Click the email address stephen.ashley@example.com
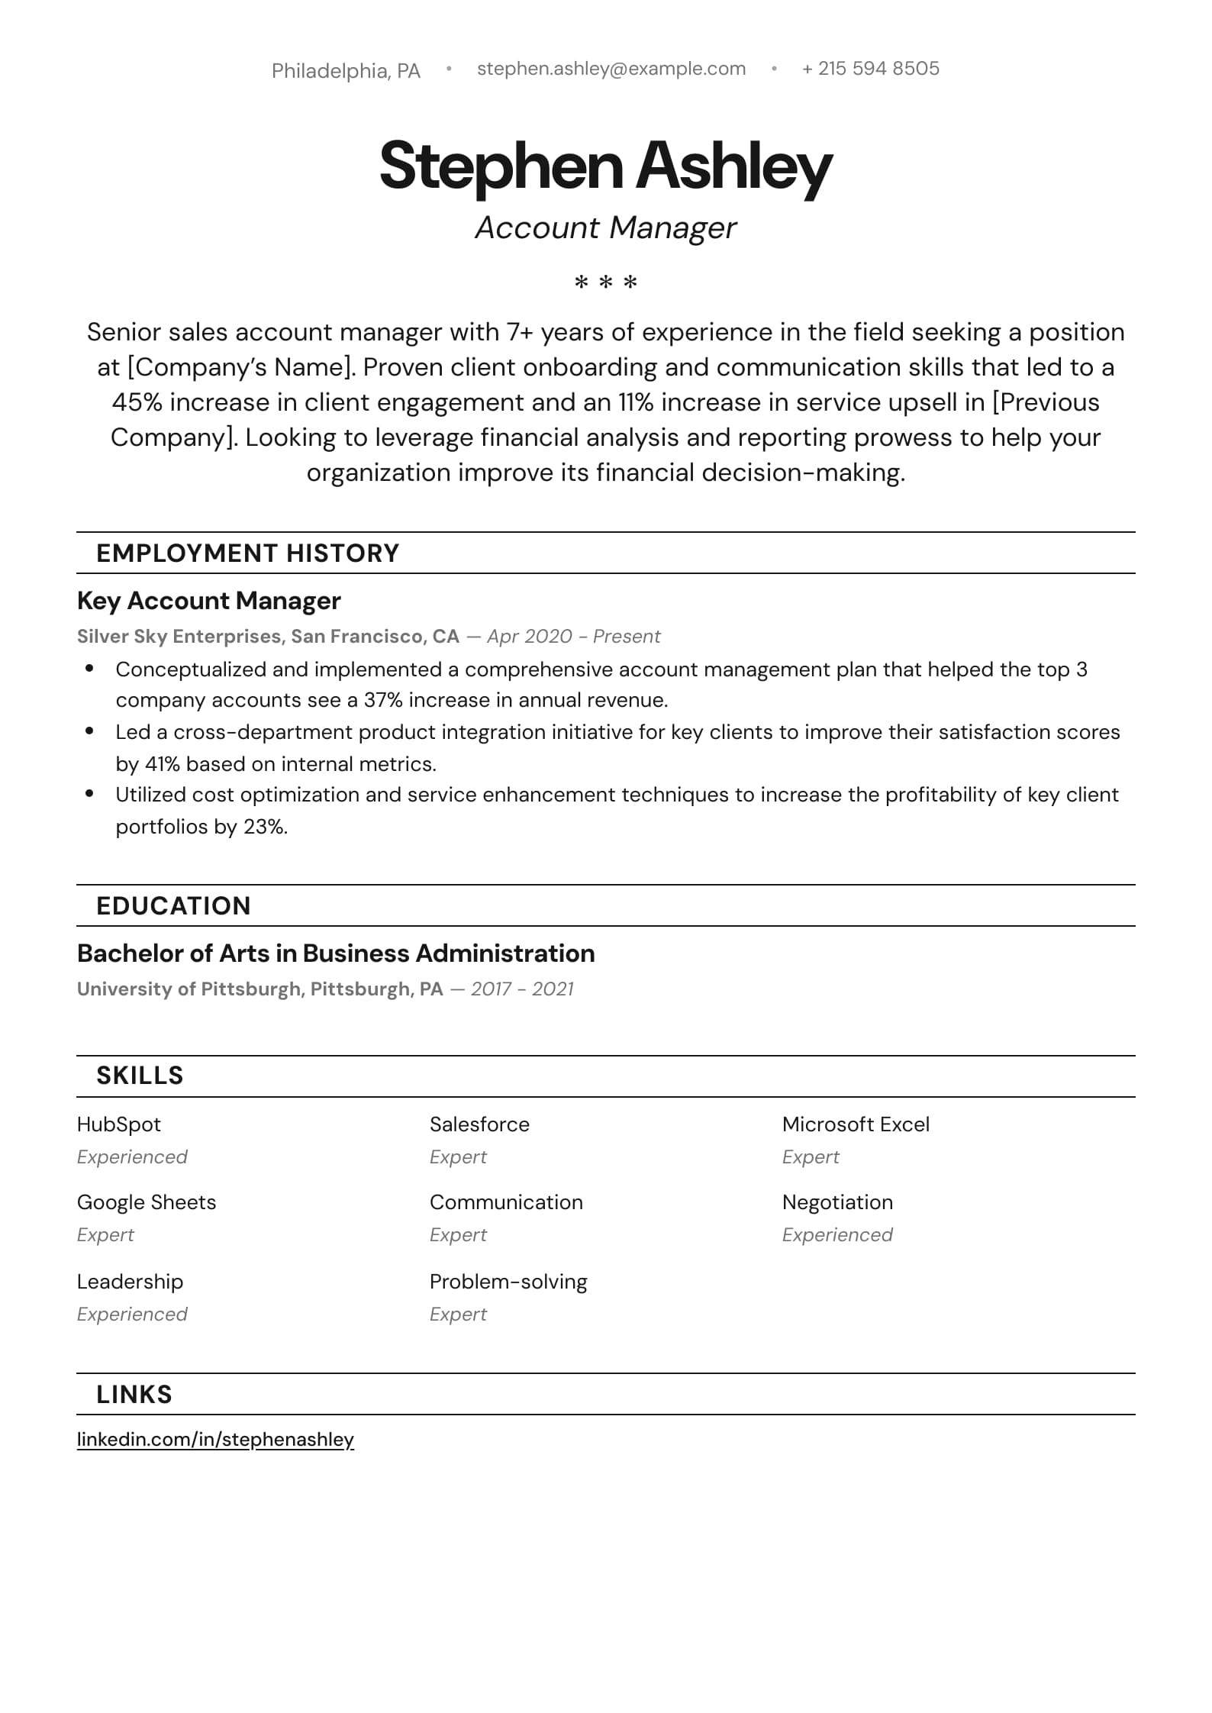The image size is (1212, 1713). click(611, 69)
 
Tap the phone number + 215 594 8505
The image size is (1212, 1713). click(870, 69)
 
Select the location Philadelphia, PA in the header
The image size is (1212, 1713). click(346, 71)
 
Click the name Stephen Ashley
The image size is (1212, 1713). click(605, 166)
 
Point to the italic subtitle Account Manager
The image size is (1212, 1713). click(605, 227)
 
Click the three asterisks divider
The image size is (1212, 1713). click(605, 283)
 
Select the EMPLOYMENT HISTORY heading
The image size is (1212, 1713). click(247, 553)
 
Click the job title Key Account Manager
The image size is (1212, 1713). click(208, 601)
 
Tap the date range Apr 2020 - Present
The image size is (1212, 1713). click(573, 637)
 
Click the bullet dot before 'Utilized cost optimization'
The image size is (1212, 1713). click(89, 794)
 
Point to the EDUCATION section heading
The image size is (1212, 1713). click(173, 906)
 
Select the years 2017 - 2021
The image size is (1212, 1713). click(522, 989)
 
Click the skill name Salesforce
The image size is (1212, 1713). click(479, 1124)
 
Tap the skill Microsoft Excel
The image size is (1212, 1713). click(856, 1124)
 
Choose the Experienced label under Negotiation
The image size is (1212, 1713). click(837, 1235)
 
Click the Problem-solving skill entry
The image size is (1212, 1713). click(508, 1282)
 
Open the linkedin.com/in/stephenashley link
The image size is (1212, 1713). click(215, 1440)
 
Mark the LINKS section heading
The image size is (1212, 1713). click(134, 1395)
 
